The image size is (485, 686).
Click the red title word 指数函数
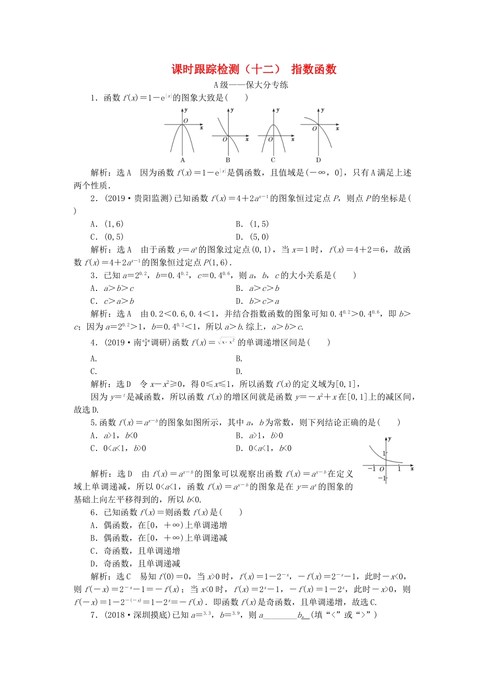[313, 69]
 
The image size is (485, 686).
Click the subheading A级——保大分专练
[251, 85]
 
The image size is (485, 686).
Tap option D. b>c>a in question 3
[258, 301]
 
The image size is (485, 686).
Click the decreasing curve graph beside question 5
[387, 460]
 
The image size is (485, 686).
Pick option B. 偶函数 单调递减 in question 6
[159, 538]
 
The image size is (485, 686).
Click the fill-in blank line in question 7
[280, 617]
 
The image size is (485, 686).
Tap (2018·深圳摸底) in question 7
[138, 615]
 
